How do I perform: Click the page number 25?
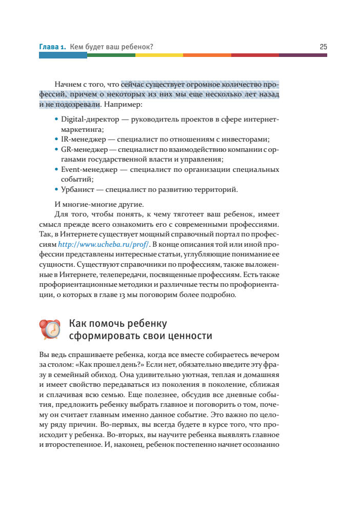point(323,47)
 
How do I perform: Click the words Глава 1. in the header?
point(52,47)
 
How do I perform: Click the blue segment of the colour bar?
point(63,55)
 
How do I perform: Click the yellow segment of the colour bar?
point(158,55)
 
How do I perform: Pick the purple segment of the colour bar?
point(303,55)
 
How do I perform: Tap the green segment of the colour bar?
point(111,55)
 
